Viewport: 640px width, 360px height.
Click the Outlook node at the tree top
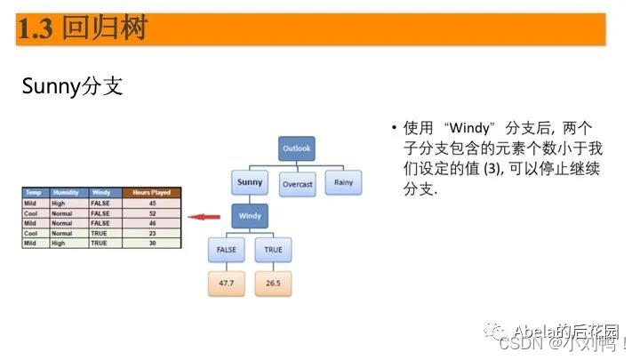[297, 148]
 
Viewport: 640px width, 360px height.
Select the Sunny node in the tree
[249, 183]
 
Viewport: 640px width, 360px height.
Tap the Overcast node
[297, 184]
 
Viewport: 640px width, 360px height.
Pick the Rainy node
[343, 183]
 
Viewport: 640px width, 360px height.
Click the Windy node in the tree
[250, 216]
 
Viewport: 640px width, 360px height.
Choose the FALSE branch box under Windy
[226, 251]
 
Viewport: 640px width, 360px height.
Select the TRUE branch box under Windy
[273, 251]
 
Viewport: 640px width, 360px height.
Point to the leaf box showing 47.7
[226, 283]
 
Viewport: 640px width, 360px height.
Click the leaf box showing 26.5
[273, 283]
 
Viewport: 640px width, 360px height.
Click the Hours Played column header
[151, 193]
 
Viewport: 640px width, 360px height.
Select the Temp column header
[35, 193]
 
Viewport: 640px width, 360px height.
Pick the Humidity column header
[68, 193]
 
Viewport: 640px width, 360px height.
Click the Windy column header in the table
[102, 193]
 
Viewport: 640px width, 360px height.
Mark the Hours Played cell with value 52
[151, 213]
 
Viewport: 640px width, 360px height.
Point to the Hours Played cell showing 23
[151, 233]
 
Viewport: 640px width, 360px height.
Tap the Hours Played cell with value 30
[151, 243]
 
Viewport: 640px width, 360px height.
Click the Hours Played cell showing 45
[151, 204]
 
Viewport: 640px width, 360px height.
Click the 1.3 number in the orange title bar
[37, 29]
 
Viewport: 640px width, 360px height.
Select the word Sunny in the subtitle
[52, 88]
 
